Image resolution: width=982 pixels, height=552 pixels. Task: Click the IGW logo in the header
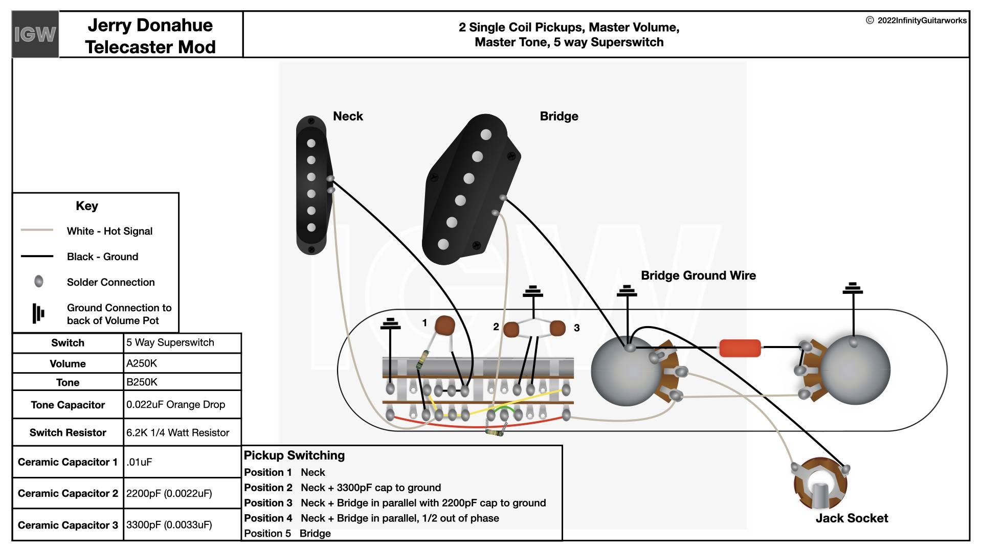pyautogui.click(x=35, y=34)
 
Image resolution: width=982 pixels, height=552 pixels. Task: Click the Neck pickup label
pyautogui.click(x=348, y=116)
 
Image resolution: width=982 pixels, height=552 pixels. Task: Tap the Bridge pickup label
pyautogui.click(x=559, y=116)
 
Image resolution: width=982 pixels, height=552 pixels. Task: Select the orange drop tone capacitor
pyautogui.click(x=740, y=348)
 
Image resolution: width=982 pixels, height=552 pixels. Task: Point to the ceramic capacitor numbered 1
pyautogui.click(x=445, y=326)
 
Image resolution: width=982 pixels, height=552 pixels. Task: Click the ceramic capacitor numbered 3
pyautogui.click(x=557, y=328)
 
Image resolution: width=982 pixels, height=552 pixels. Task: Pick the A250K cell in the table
pyautogui.click(x=182, y=363)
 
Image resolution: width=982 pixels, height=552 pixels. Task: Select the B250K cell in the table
pyautogui.click(x=182, y=382)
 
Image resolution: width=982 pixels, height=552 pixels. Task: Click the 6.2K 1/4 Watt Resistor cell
pyautogui.click(x=182, y=432)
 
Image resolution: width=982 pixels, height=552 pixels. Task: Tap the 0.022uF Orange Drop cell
pyautogui.click(x=182, y=405)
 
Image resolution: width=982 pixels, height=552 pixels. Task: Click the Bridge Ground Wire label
pyautogui.click(x=698, y=275)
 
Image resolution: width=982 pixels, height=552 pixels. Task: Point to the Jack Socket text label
pyautogui.click(x=852, y=518)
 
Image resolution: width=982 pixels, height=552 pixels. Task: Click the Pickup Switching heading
pyautogui.click(x=294, y=455)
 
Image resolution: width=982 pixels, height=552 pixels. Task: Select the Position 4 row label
pyautogui.click(x=268, y=518)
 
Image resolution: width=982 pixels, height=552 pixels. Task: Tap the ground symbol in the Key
pyautogui.click(x=38, y=313)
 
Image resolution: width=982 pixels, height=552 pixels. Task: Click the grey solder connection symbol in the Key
pyautogui.click(x=38, y=281)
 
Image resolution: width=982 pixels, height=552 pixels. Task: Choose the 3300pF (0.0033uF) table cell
pyautogui.click(x=182, y=525)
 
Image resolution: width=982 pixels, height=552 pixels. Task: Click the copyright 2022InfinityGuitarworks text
pyautogui.click(x=916, y=20)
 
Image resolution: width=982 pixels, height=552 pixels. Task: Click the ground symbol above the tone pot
pyautogui.click(x=853, y=289)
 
